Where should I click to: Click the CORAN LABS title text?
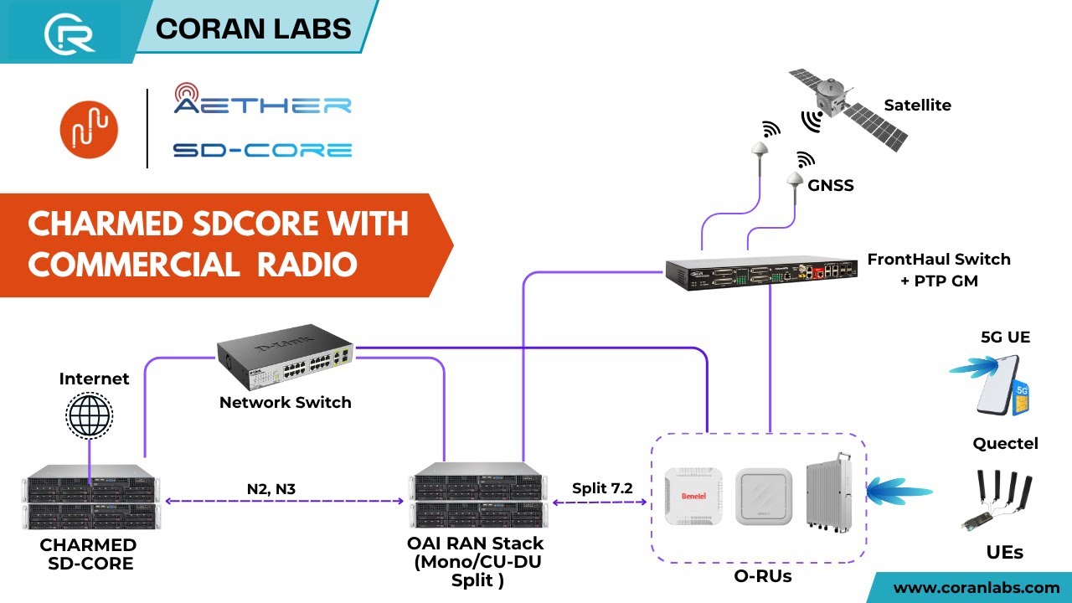pos(254,28)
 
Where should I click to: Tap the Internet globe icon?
pos(90,415)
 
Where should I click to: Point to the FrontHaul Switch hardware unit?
pos(763,274)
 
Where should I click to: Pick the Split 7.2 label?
pos(602,487)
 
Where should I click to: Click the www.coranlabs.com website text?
pos(977,587)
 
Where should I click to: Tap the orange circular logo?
pos(89,130)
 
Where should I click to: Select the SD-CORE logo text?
pos(262,151)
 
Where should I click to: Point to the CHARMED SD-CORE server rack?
pos(90,502)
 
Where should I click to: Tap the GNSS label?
pos(831,185)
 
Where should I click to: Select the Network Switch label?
pos(285,403)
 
